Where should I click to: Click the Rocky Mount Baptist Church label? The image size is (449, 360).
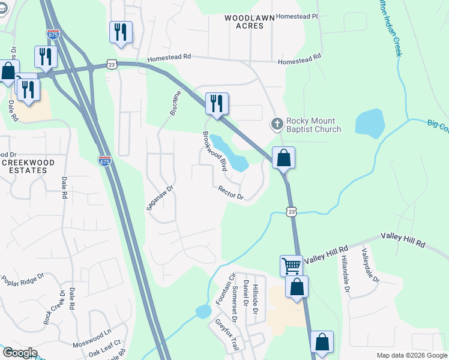(313, 124)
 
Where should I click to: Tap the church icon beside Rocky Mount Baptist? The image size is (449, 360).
(277, 124)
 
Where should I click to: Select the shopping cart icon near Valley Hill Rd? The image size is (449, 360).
(291, 265)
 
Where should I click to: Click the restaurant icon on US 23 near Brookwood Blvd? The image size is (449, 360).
(217, 104)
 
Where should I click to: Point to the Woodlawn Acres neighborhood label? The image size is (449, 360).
(244, 22)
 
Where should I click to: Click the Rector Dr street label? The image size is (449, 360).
(231, 193)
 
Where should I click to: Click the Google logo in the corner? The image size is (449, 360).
(19, 353)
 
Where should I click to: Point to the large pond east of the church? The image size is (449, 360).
(370, 122)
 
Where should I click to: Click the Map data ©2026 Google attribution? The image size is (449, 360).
(411, 355)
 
